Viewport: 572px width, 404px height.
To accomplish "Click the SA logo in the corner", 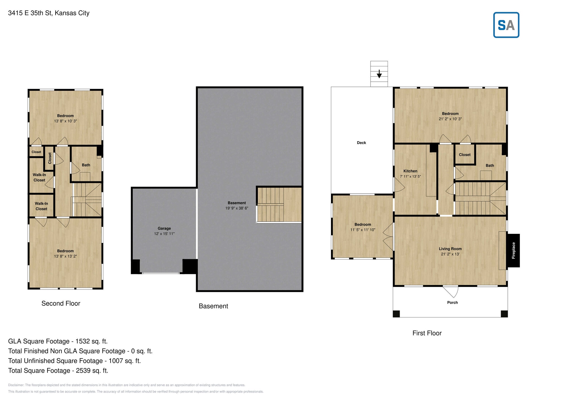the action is (x=506, y=25).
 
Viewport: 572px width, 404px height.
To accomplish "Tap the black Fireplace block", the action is (x=513, y=251).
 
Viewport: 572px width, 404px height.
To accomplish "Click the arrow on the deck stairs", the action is (x=379, y=74).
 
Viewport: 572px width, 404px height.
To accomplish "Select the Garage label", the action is (x=164, y=228).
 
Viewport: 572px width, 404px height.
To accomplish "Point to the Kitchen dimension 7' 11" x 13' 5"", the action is (x=410, y=176).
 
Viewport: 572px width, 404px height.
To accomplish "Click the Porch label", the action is (x=452, y=302).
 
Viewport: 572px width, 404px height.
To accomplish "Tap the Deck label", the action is (x=361, y=143).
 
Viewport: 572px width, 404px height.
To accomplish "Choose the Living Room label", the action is (x=450, y=249).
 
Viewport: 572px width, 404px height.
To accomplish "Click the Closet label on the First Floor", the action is (x=465, y=155).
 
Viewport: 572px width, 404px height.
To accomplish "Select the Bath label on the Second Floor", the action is (x=86, y=165).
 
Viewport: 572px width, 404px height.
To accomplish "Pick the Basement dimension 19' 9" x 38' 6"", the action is (x=237, y=208).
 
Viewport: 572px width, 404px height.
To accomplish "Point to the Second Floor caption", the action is (x=61, y=303).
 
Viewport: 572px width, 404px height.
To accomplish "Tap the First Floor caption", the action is (x=427, y=333).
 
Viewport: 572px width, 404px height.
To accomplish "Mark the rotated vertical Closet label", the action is (x=50, y=158).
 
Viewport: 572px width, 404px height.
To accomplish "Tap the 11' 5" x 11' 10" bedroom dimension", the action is (x=363, y=230).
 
